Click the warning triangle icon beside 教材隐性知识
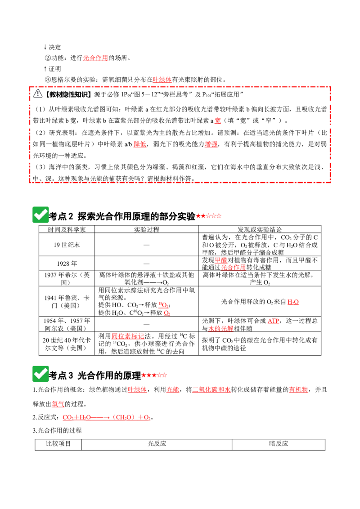pos(38,94)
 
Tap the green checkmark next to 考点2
pos(40,214)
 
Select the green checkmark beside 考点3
pos(40,374)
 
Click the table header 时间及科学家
pos(67,229)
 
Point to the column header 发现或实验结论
pos(260,229)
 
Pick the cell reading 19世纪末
pos(67,245)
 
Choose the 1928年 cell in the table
pos(67,263)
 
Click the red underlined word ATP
pos(273,321)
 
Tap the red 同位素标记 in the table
pos(128,336)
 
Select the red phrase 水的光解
pos(220,329)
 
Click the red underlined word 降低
pos(139,144)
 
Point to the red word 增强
pos(211,144)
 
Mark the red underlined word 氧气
pos(58,404)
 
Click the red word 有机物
pos(298,389)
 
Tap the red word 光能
pos(172,389)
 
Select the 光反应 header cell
pos(157,444)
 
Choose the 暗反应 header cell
pos(279,444)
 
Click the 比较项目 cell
pos(58,444)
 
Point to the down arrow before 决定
pos(45,47)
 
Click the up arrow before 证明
pos(45,69)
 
